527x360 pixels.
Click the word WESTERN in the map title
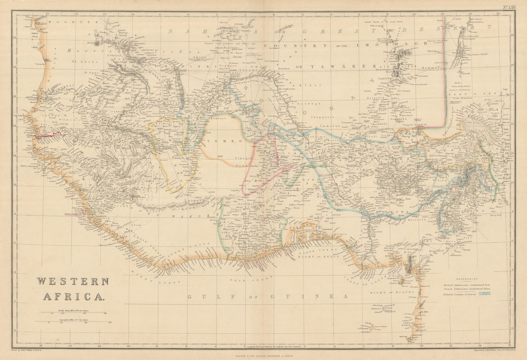coord(73,281)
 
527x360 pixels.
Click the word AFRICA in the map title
coord(73,297)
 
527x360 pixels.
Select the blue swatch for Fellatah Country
coord(484,294)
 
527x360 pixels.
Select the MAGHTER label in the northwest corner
coord(52,22)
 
